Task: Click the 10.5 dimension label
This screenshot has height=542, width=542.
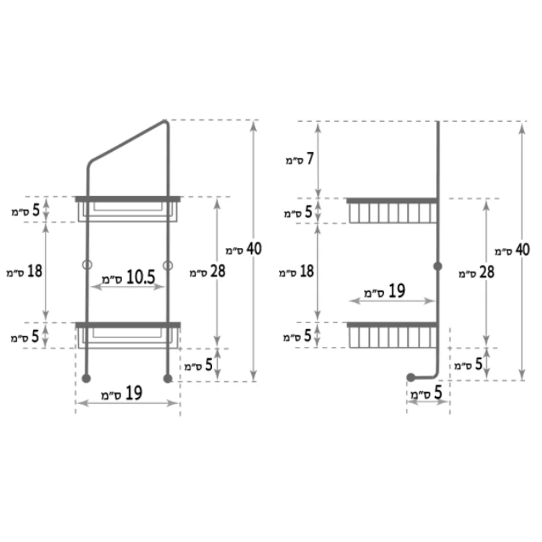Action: coord(128,278)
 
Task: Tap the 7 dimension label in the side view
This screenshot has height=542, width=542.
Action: coord(299,159)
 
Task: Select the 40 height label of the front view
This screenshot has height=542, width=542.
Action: coord(244,249)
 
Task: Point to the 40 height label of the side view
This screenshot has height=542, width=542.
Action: coord(512,250)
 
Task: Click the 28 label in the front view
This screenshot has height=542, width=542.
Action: coord(207,272)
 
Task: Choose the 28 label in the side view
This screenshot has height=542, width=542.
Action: coord(477,272)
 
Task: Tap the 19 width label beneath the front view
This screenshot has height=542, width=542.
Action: coord(122,394)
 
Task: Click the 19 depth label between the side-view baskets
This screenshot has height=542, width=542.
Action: coord(385,291)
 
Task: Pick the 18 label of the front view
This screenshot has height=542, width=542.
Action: coord(24,272)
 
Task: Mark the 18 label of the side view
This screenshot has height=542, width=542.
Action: coord(297,272)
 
